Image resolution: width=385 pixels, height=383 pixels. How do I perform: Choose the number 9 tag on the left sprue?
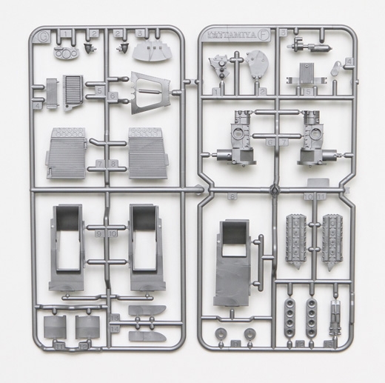(x=99, y=232)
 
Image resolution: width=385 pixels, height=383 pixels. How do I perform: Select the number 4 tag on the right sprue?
(x=349, y=61)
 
